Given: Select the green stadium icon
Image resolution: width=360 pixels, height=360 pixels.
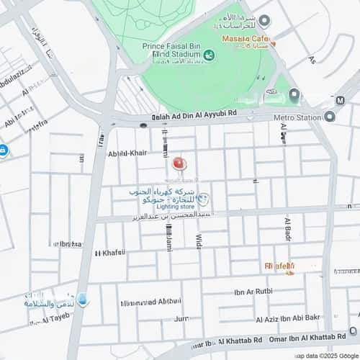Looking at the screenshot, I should coord(209,55).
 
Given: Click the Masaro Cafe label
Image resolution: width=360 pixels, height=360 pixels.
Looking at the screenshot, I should coord(245,37).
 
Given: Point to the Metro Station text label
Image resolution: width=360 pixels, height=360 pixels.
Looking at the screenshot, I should coord(297,116).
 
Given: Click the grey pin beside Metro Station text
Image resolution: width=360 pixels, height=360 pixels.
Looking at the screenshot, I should coord(329,116).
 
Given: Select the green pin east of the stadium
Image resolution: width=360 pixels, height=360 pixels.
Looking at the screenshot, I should coord(294,94).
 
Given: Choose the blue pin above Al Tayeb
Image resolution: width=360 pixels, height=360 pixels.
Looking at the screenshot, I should coord(83,299).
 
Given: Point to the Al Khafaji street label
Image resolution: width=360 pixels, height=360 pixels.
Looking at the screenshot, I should coord(109,253).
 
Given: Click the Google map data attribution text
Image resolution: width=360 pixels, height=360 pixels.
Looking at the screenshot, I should coord(323,355).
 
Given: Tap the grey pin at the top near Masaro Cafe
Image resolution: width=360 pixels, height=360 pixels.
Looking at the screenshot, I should coord(264,21).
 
